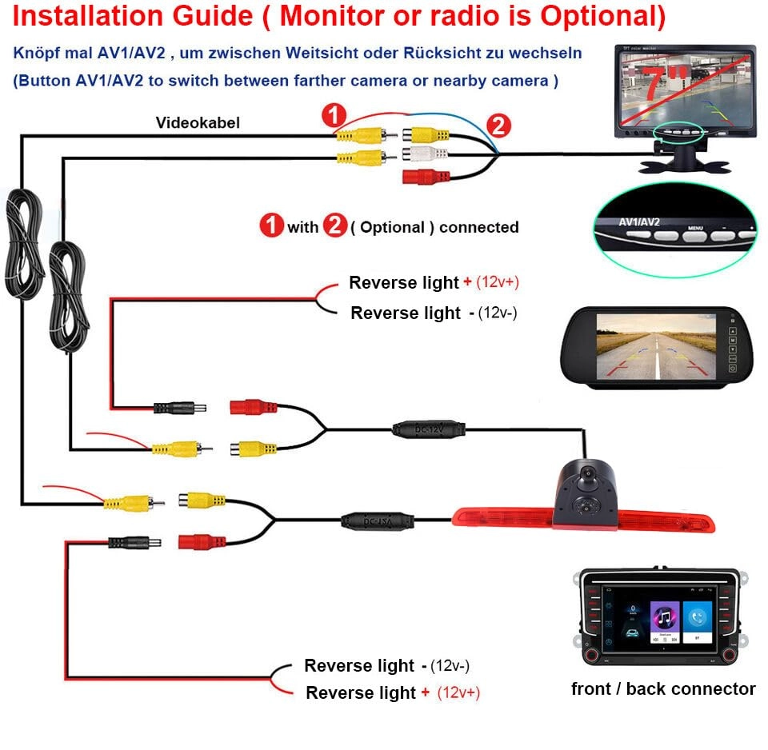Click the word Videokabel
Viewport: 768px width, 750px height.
point(198,122)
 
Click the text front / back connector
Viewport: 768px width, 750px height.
point(663,688)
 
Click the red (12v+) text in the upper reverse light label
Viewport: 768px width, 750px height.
point(503,282)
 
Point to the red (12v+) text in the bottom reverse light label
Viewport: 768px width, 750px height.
point(458,692)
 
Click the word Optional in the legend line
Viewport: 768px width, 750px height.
point(392,227)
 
